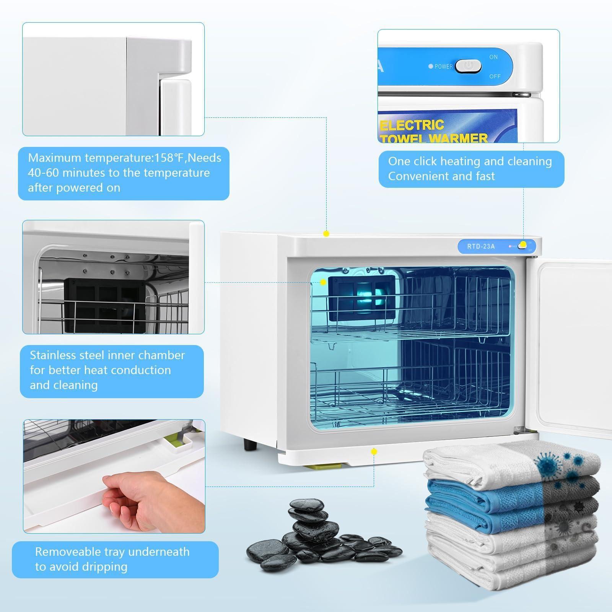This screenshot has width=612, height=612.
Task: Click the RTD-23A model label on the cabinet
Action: (x=481, y=246)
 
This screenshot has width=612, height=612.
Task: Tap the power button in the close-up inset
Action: (x=468, y=66)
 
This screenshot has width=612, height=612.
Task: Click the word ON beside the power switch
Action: (x=493, y=57)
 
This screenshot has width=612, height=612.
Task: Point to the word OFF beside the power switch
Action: (x=495, y=76)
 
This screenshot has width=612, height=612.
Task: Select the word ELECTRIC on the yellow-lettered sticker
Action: (x=412, y=125)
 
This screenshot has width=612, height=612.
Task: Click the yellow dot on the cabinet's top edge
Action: (x=326, y=233)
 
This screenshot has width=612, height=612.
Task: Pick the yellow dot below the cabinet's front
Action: (x=374, y=452)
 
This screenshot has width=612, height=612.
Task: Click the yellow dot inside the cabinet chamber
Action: (x=323, y=282)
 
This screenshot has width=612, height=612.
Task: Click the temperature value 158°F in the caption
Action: (x=171, y=158)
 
